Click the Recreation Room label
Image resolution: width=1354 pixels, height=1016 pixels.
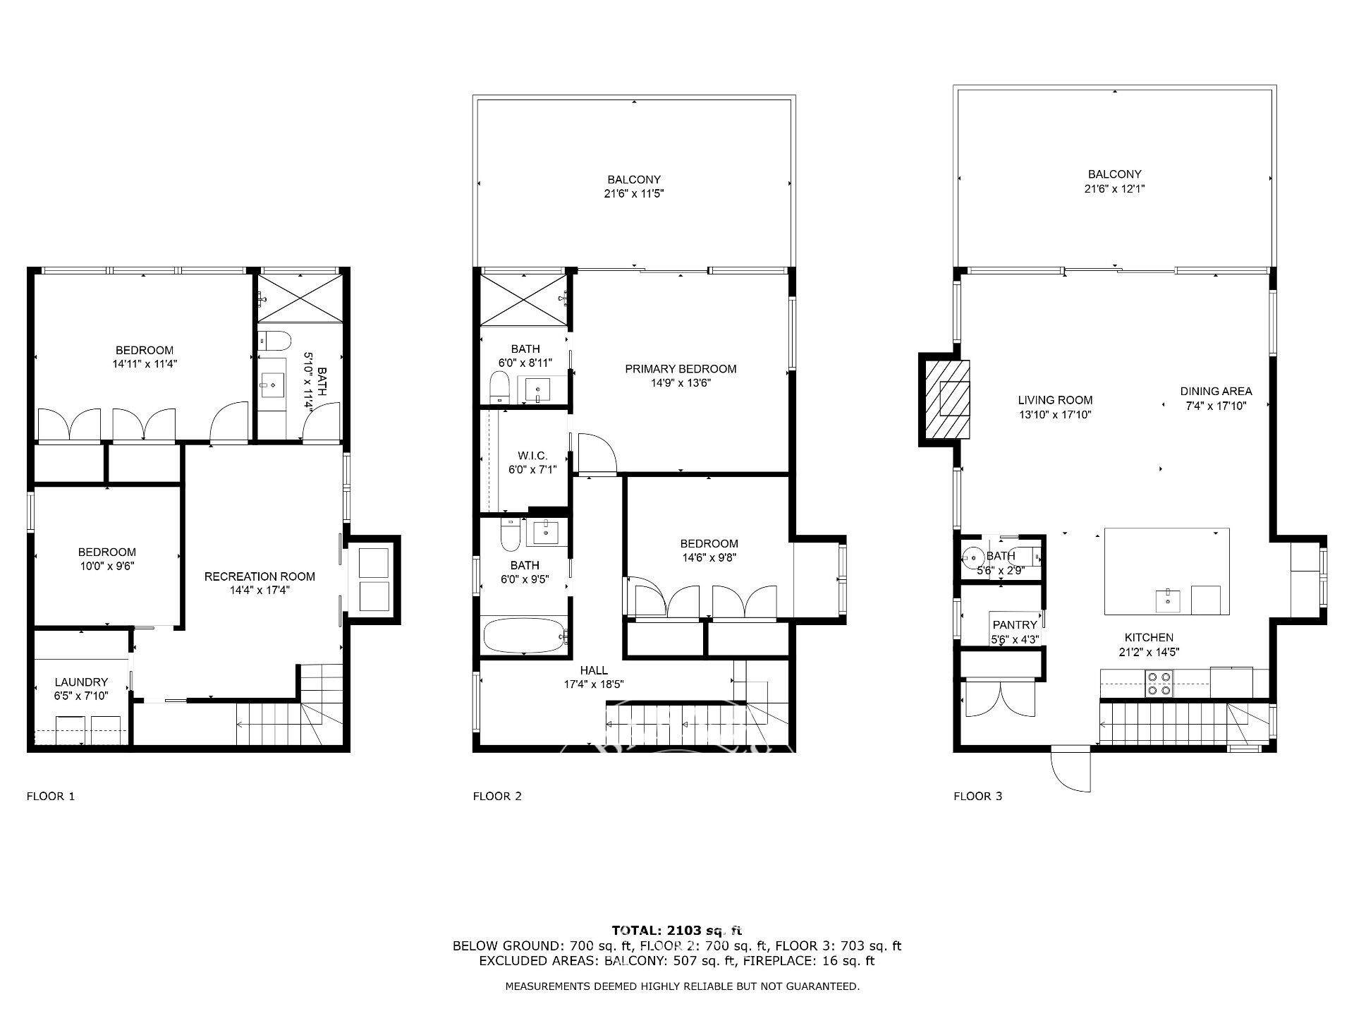[x=260, y=576]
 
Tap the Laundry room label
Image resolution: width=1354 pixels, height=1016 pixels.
[x=82, y=682]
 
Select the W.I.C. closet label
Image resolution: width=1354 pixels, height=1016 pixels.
[x=532, y=456]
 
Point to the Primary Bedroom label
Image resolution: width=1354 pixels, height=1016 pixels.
[x=681, y=368]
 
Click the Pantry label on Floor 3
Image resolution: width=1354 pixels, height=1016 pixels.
[x=1015, y=625]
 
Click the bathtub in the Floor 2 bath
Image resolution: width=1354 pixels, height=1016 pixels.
[x=525, y=636]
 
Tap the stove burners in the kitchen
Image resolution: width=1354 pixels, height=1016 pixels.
[x=1158, y=683]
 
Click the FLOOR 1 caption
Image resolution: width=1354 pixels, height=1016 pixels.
[x=51, y=797]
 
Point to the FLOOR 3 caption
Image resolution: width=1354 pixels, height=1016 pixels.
[x=977, y=797]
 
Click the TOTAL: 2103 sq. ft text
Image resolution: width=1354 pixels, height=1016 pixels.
[x=677, y=931]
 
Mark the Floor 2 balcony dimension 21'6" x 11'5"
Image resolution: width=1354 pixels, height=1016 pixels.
[x=634, y=194]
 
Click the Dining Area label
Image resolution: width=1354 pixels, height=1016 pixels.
[x=1216, y=391]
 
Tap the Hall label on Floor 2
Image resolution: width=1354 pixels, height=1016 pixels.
[x=594, y=670]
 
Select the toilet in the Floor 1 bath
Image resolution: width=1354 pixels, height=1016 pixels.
[x=274, y=341]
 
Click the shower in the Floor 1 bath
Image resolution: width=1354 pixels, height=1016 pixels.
[x=300, y=299]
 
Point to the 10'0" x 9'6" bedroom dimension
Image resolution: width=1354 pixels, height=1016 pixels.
[x=107, y=567]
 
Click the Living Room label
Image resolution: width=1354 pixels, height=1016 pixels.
[x=1055, y=400]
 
